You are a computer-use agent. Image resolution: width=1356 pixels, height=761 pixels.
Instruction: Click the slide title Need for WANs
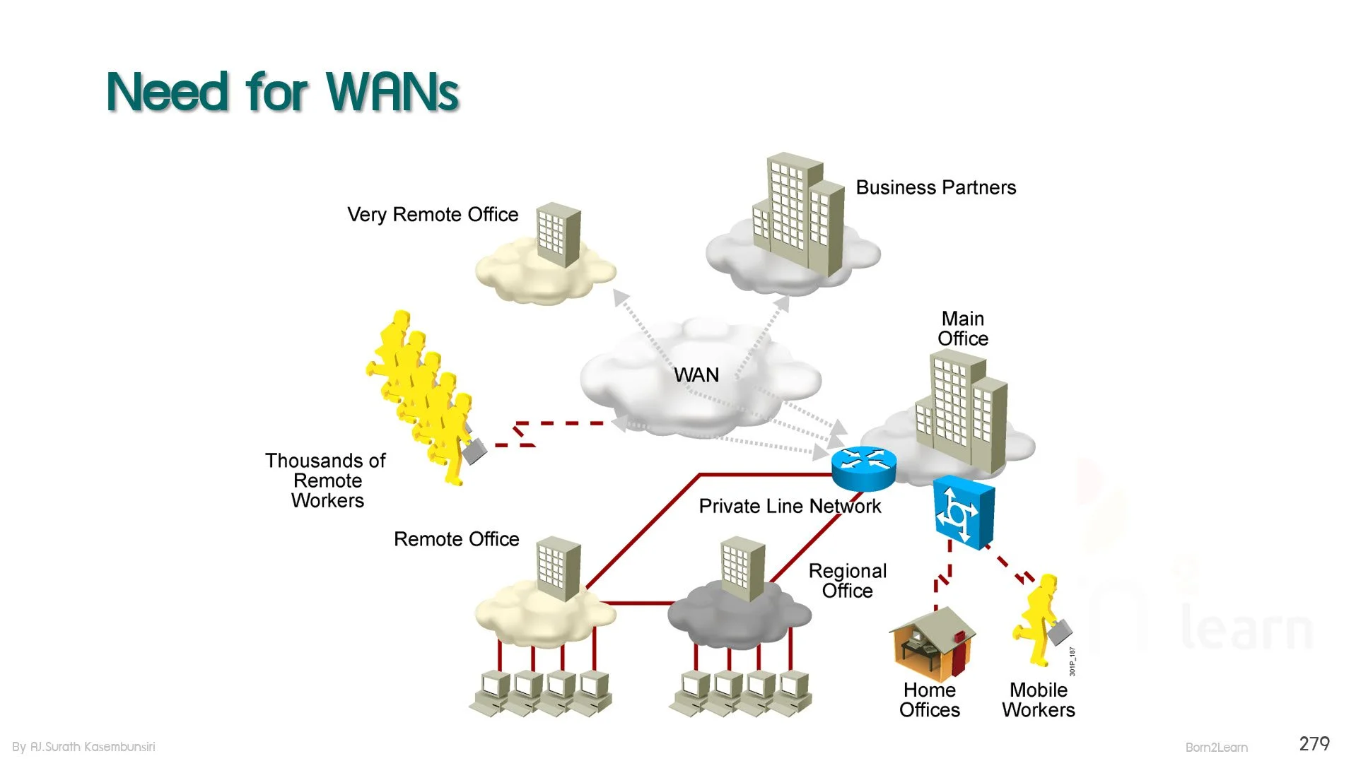[283, 92]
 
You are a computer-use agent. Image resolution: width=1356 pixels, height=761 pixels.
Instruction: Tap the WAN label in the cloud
[696, 374]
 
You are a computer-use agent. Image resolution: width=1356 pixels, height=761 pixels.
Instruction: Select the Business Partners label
[936, 187]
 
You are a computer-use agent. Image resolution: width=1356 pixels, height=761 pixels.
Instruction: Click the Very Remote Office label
[433, 214]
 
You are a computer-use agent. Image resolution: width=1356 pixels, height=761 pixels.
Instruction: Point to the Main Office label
[963, 329]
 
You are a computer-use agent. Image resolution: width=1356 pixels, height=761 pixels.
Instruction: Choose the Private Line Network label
[790, 506]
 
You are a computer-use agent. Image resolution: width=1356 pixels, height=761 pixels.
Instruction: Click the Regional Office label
[848, 581]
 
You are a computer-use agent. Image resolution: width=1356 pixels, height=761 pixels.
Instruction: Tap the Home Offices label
[930, 700]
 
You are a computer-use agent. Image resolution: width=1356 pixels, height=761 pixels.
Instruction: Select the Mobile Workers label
[1039, 700]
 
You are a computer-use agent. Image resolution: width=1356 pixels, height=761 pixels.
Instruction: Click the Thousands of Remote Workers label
[326, 480]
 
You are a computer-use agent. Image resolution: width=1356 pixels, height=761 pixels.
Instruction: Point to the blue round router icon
[863, 468]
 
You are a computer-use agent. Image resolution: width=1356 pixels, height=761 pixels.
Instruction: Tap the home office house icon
[933, 643]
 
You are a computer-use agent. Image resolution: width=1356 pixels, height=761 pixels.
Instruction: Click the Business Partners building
[799, 214]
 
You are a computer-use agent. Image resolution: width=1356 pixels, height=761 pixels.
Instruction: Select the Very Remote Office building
[559, 235]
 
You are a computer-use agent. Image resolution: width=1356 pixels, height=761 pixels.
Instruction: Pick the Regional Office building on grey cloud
[742, 569]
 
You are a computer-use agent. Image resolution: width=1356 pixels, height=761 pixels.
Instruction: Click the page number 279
[1314, 743]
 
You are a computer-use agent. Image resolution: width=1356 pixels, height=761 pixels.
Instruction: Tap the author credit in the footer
[83, 747]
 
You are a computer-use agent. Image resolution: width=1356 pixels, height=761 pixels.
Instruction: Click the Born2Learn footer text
[1216, 748]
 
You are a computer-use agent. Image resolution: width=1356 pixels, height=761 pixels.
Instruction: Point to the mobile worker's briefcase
[1060, 631]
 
